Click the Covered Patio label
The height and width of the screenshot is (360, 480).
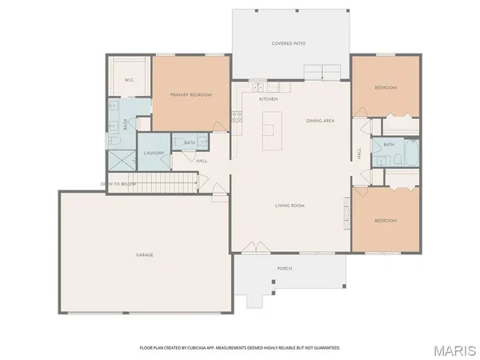289,43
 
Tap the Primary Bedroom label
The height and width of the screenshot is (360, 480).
190,95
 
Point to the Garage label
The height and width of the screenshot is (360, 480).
144,255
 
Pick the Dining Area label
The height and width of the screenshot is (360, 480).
320,121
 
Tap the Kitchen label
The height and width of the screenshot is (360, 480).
268,99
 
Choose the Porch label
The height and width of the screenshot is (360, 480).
284,269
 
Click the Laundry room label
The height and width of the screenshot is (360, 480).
154,153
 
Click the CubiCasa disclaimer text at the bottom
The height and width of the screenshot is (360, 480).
240,348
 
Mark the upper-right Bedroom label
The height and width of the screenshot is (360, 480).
386,87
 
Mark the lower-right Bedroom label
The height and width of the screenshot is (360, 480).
386,220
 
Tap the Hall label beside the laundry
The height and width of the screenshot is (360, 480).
202,161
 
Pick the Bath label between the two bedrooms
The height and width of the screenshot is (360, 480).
389,144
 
